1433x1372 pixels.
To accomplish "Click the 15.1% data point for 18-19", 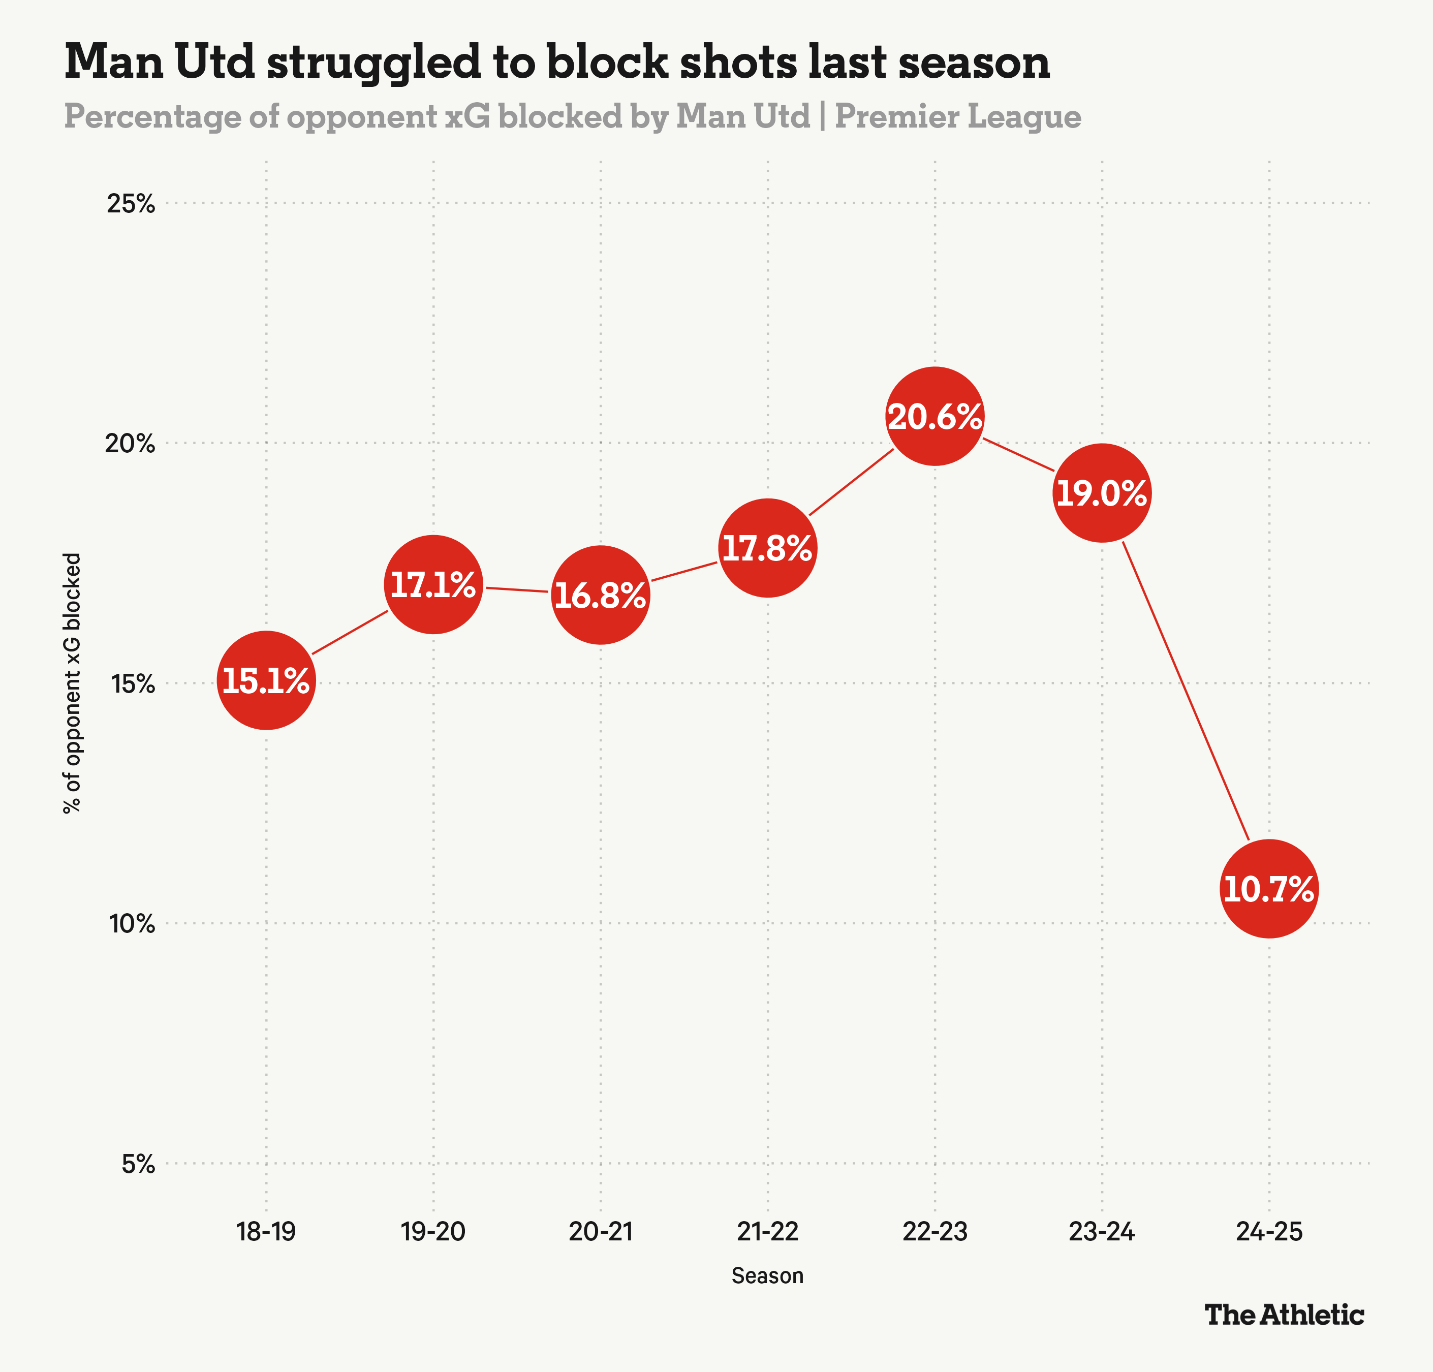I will click(x=266, y=680).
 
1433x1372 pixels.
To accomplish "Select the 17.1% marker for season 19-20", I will click(x=433, y=585).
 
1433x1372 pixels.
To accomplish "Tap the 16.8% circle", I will click(x=600, y=595).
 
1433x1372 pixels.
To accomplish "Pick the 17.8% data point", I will click(x=767, y=548).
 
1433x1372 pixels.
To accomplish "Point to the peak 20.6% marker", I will click(x=934, y=416).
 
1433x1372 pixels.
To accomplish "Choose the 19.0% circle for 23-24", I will click(x=1102, y=493).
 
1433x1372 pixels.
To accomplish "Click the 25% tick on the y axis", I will click(x=132, y=203).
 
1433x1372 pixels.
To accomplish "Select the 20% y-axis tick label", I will click(x=132, y=443).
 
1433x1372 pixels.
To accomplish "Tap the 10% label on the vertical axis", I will click(x=133, y=923).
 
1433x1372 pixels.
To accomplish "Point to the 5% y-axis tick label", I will click(x=139, y=1164).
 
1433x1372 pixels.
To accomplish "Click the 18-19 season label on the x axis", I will click(x=266, y=1232).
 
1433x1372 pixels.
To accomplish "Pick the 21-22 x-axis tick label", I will click(x=767, y=1232).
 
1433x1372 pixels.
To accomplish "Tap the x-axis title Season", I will click(x=767, y=1275).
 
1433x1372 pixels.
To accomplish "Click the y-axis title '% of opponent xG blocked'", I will click(x=72, y=683).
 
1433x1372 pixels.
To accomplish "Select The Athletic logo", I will click(x=1284, y=1315).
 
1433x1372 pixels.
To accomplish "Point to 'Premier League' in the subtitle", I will click(x=958, y=117).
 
